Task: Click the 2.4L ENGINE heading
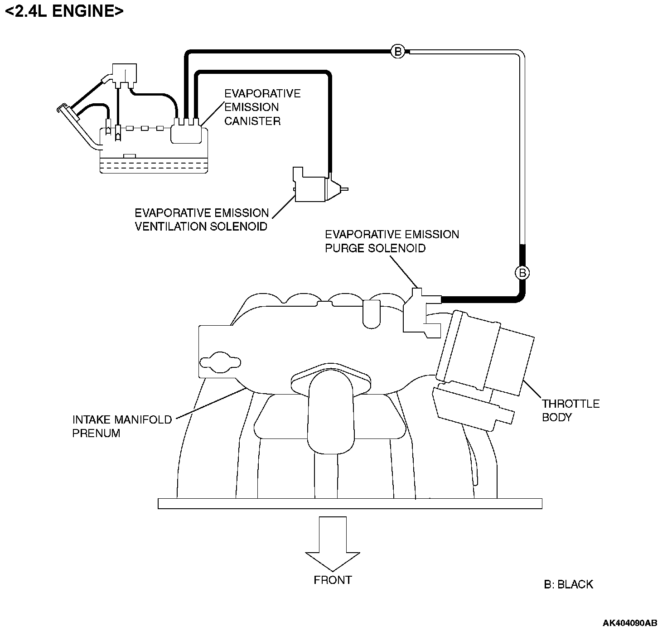tap(64, 11)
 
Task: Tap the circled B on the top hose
tap(398, 52)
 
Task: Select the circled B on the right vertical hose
tap(522, 273)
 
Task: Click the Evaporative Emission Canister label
tap(262, 107)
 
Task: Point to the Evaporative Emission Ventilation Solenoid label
tap(202, 220)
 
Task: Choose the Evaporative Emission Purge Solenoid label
tap(392, 241)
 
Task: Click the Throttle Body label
tap(570, 410)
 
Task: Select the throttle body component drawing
tap(485, 362)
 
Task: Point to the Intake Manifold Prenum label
tap(122, 426)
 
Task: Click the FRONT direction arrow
tap(333, 543)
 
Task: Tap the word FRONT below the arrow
tap(333, 580)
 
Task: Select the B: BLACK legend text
tap(568, 584)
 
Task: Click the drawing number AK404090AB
tap(629, 623)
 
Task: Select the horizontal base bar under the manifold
tap(350, 503)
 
